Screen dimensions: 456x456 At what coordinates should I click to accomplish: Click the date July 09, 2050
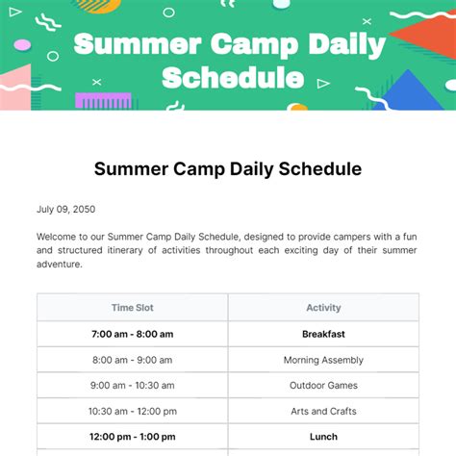point(65,209)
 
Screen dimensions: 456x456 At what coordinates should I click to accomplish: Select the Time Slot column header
point(132,308)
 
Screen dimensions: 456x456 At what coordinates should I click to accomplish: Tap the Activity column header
point(323,308)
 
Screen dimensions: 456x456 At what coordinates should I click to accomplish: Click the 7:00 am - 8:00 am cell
point(132,334)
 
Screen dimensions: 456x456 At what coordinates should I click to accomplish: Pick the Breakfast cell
point(323,334)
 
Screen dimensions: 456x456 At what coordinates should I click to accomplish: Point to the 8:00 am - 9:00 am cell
point(132,360)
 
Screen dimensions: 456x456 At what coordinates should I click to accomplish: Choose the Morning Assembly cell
point(323,360)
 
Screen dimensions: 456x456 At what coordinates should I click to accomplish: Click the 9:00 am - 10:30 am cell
point(132,386)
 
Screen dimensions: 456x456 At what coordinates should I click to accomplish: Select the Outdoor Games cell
point(323,386)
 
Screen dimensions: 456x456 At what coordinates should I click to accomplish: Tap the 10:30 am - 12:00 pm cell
point(132,412)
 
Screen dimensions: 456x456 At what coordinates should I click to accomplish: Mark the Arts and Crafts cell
point(323,412)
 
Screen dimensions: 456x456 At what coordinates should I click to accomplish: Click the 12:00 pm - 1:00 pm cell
point(132,437)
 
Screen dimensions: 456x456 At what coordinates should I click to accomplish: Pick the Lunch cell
point(323,437)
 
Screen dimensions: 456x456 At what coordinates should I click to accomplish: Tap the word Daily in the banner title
point(342,45)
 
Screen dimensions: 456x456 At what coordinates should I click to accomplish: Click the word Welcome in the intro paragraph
point(60,235)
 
